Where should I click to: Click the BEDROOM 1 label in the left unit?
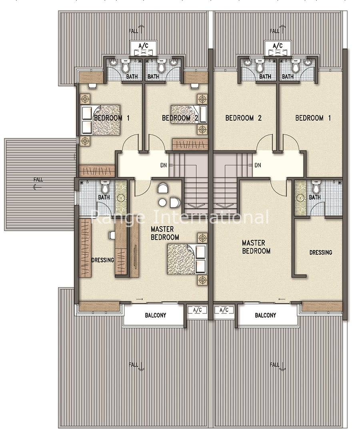pos(112,118)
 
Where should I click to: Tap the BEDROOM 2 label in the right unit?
pos(244,118)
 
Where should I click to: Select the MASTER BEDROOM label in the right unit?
pos(256,247)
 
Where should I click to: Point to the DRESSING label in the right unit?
pos(321,252)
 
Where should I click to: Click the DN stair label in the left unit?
pos(164,165)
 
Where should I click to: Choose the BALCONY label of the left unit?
pos(155,315)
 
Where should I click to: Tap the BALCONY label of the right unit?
pos(265,315)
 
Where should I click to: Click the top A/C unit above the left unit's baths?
pos(143,49)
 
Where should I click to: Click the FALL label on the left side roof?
pos(38,180)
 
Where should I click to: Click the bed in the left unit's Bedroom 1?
pos(101,120)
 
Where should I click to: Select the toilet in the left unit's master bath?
pos(105,187)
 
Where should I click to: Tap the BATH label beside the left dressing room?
pos(104,198)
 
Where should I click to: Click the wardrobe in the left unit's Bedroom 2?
pos(190,144)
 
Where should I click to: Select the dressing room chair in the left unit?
pos(112,235)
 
